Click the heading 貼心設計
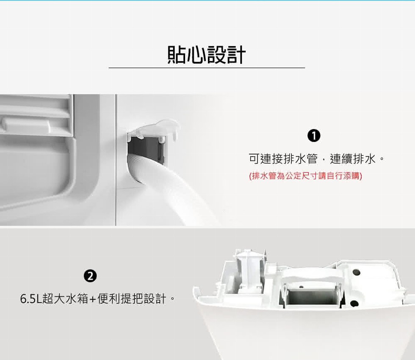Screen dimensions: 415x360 point(207,55)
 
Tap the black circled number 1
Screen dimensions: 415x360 point(314,136)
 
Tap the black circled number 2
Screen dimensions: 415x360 point(90,276)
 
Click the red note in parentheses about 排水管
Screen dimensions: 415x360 point(306,175)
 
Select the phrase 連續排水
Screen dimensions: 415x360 point(352,159)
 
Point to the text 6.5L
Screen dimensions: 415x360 point(30,299)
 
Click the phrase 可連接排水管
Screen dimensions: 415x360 point(283,159)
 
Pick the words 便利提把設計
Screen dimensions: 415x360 point(132,299)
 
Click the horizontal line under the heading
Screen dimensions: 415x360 point(207,68)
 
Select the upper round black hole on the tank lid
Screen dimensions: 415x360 point(357,272)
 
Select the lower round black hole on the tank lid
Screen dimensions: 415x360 point(354,304)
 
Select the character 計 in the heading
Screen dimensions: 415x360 point(236,55)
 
